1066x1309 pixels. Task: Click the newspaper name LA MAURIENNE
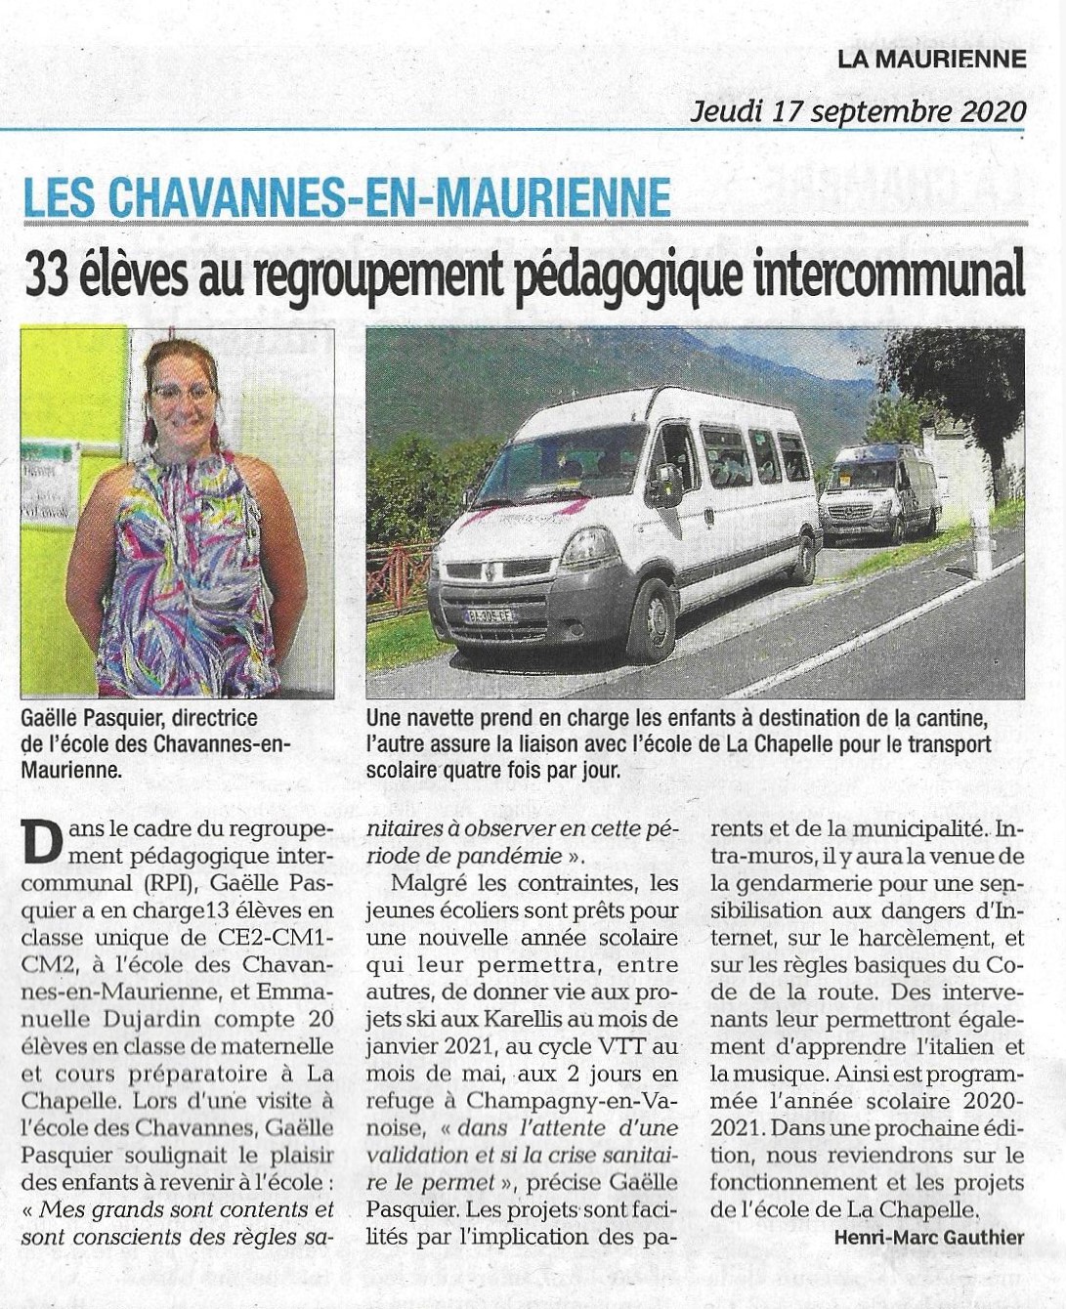(x=931, y=59)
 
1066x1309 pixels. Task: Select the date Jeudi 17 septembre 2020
(x=858, y=110)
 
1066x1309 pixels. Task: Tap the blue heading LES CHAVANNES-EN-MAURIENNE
(x=347, y=196)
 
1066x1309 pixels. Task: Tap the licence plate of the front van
(x=490, y=615)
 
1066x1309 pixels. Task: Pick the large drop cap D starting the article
(x=41, y=841)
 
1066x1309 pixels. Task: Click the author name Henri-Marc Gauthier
(x=928, y=1238)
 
